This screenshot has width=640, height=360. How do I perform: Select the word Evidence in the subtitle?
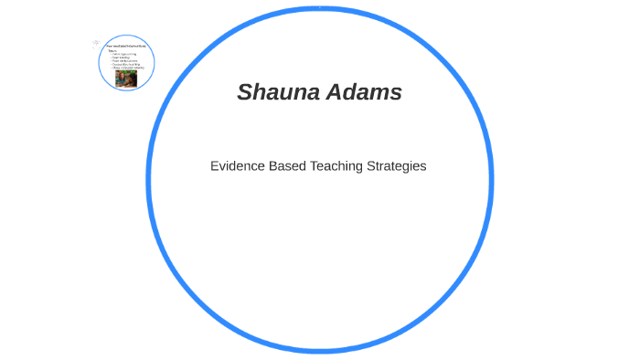237,166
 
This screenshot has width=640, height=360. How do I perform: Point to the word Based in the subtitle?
288,166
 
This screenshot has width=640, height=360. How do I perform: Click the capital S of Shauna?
244,92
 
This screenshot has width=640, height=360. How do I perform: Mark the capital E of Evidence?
215,166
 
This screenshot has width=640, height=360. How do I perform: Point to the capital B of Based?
272,166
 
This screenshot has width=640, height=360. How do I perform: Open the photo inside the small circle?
125,79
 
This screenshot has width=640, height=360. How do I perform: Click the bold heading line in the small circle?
126,46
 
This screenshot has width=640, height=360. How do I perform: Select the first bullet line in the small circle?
124,54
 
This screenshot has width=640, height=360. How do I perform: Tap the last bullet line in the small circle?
128,69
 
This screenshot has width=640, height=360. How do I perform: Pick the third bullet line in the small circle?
125,61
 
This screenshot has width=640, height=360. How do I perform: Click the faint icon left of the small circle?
96,43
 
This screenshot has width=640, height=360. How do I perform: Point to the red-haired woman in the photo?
121,79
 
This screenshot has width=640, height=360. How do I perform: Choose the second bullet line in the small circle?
123,58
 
